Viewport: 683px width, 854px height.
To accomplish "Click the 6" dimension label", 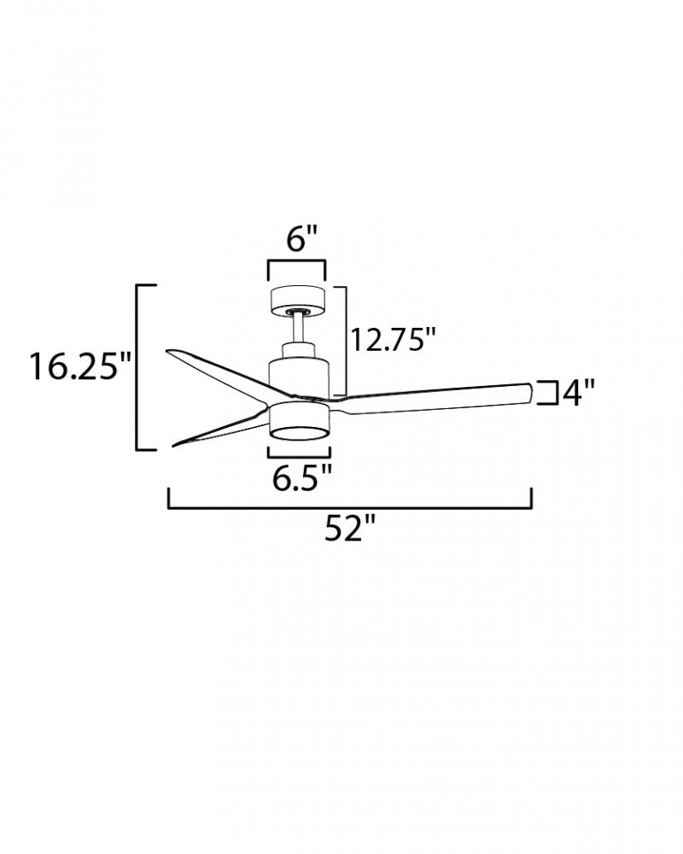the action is (x=301, y=239).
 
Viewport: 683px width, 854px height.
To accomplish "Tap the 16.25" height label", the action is (x=80, y=366).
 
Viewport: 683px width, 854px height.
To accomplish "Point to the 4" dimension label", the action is (x=578, y=393).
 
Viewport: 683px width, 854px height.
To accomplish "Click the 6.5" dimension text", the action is (x=301, y=478).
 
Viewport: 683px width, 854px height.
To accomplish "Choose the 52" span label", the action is (x=350, y=528).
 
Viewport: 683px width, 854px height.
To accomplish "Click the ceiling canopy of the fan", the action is (x=298, y=300).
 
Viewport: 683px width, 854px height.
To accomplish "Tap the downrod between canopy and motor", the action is (x=299, y=328).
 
